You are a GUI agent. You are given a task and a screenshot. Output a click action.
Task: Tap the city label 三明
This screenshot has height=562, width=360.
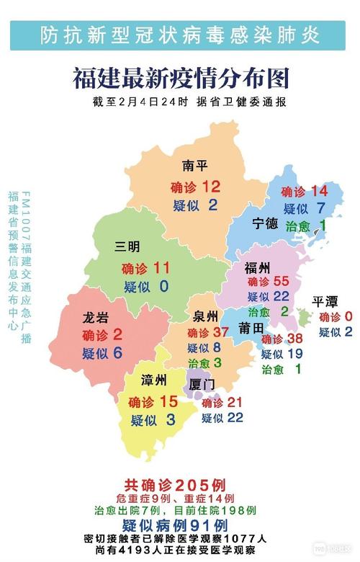coord(128,246)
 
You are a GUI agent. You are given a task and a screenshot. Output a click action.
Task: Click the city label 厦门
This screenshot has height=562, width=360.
coord(202,385)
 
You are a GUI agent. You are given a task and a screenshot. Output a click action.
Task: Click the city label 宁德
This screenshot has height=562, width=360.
coord(265,223)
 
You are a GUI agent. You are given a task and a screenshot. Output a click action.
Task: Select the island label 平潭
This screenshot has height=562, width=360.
coord(325,301)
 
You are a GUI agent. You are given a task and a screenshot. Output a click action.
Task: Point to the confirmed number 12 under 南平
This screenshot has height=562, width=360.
coord(211,187)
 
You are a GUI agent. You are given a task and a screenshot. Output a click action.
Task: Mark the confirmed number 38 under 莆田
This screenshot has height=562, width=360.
coord(294,339)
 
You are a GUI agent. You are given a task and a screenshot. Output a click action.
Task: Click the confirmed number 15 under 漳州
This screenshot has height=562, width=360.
coord(167,401)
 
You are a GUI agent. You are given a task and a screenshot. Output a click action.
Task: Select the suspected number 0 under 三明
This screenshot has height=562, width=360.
coord(163,287)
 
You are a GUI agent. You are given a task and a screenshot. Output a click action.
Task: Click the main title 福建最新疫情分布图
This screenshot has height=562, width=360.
coord(180,78)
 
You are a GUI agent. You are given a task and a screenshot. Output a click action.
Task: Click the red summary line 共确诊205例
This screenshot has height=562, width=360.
coord(179,484)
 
